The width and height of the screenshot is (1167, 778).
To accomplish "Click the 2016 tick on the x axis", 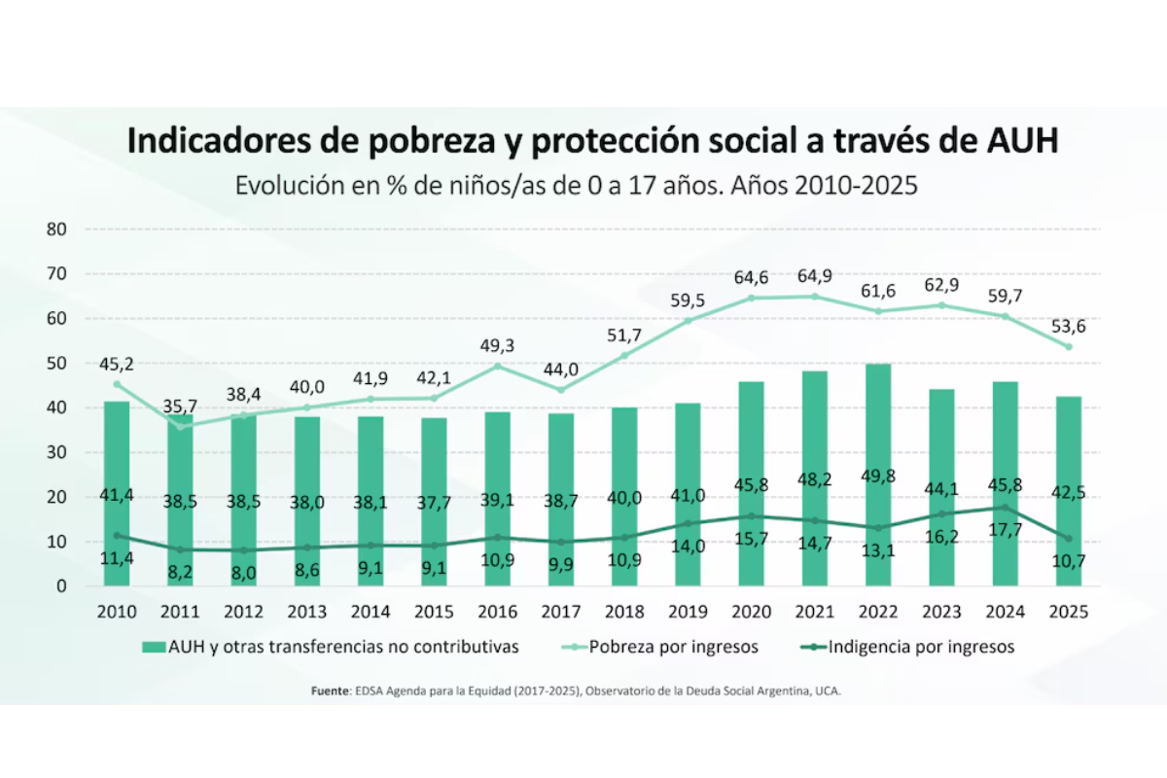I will (497, 613).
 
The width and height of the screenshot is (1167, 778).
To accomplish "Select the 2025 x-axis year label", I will (1068, 613).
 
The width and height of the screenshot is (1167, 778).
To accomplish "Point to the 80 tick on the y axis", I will (55, 230).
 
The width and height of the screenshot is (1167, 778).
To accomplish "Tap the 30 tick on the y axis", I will (55, 452).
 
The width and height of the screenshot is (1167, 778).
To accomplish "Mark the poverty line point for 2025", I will (1068, 346).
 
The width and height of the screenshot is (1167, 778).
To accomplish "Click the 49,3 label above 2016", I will (497, 344).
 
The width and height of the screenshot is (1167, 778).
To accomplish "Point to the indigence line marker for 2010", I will (117, 535).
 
